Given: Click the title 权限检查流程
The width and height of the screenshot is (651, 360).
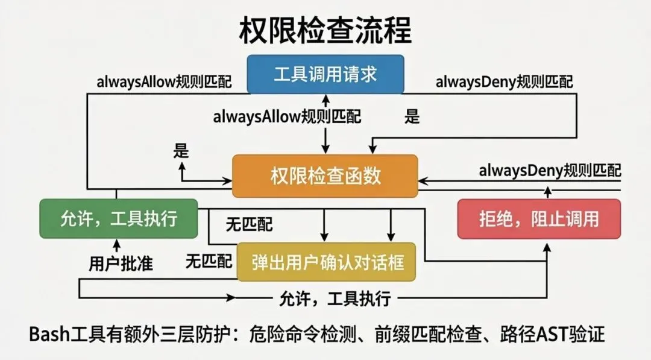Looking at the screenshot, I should coord(325,30).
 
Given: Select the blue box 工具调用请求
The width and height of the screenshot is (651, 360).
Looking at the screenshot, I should coord(325,74).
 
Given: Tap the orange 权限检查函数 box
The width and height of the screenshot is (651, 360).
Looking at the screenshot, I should coord(325,175).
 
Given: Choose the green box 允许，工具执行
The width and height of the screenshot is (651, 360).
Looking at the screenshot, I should coord(119,218).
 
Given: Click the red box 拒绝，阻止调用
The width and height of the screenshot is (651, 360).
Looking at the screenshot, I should coord(539,218).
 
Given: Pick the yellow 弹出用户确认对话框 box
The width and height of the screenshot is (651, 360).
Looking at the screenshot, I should coord(327,262).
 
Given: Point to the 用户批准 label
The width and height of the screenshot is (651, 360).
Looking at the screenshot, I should coord(121,264).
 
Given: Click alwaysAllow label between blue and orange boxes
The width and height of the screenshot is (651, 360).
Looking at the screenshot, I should coord(287,117).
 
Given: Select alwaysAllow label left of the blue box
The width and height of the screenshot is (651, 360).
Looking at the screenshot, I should coord(164,82).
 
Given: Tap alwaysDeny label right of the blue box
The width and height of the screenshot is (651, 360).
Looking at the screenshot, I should coord(505,82).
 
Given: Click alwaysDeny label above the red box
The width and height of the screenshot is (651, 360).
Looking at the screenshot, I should coord(550,171).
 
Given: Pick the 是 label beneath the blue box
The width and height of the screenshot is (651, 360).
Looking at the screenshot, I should coord(412,117).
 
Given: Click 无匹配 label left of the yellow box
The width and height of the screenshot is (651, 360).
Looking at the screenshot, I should coord(209,261).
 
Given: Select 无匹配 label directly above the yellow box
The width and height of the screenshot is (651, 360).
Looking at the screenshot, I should coord(249,226).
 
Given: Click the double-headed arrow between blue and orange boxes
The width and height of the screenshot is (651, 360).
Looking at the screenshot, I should coord(325,124).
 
